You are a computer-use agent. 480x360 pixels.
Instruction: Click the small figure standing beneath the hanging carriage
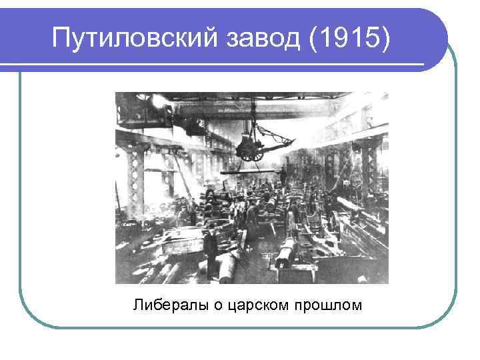pos(283,177)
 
